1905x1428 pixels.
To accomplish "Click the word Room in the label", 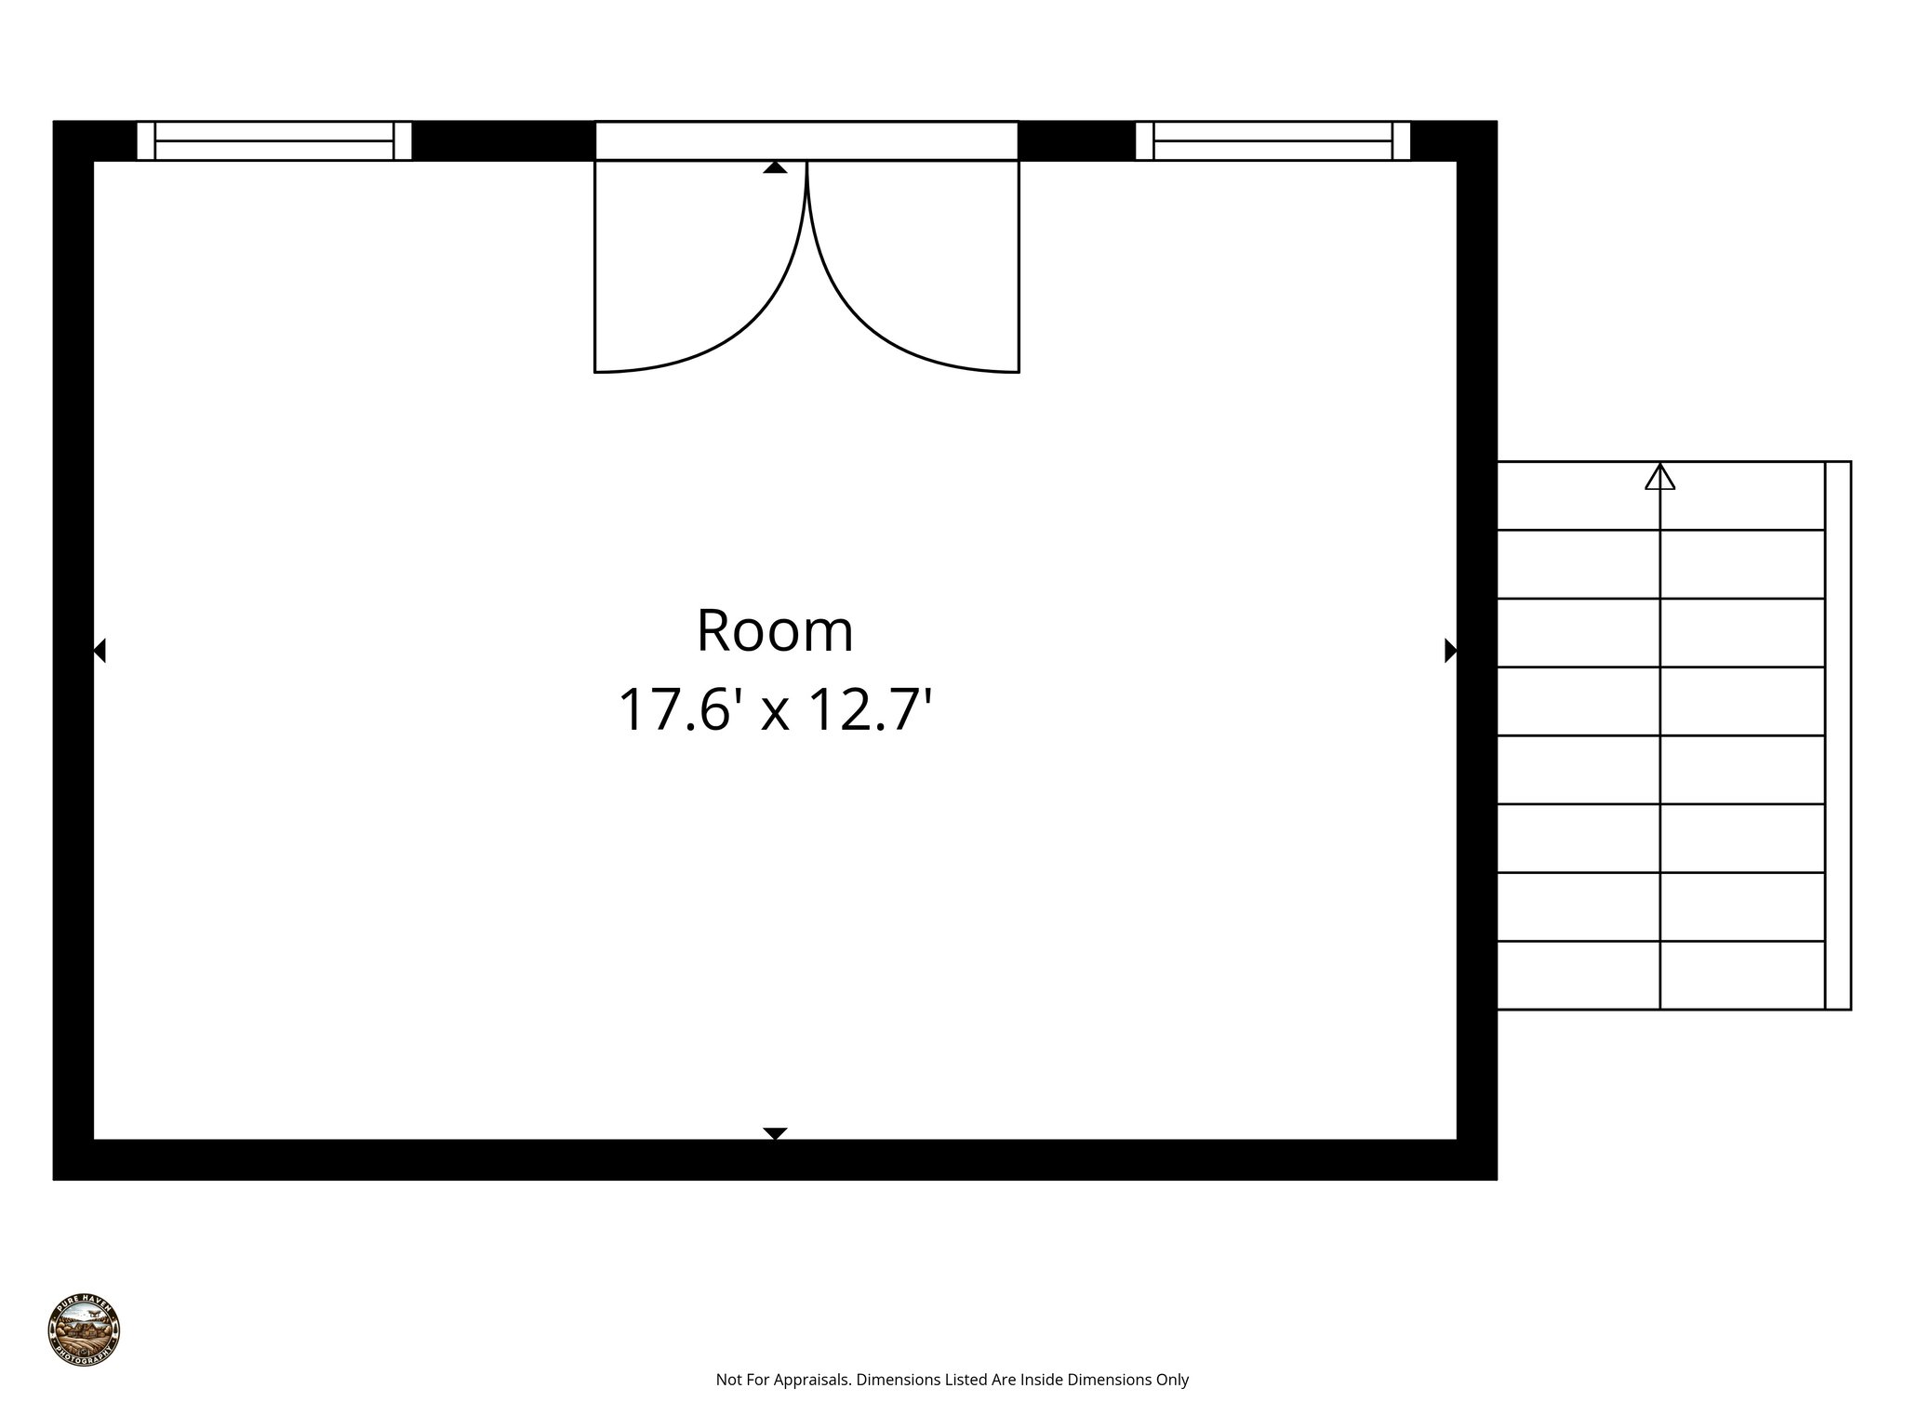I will [x=775, y=631].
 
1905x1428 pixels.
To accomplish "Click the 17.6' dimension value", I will [x=681, y=710].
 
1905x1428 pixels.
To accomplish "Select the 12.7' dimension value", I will [x=871, y=710].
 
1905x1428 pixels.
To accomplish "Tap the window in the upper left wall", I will [x=274, y=141].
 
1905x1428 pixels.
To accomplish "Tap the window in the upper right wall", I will [x=1272, y=141].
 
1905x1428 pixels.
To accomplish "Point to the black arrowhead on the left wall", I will [x=100, y=651].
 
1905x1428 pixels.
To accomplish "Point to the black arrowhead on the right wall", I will [x=1450, y=651].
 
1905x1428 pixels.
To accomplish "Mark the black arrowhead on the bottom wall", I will [x=775, y=1132].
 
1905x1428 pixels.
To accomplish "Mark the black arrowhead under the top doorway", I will [x=775, y=167].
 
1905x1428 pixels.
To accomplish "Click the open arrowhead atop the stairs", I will [x=1659, y=478].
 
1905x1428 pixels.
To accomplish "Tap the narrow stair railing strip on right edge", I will [x=1838, y=734].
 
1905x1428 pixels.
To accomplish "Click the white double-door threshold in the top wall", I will [x=806, y=141].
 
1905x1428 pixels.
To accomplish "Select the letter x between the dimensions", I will [x=775, y=714].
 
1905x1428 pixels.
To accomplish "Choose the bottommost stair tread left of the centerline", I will [x=1579, y=975].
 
